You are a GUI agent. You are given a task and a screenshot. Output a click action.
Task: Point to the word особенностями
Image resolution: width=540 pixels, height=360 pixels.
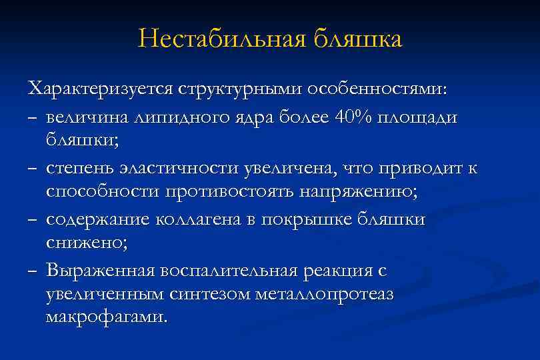coord(379,89)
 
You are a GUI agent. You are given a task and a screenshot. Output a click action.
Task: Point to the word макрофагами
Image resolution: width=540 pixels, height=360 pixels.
coord(104,315)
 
